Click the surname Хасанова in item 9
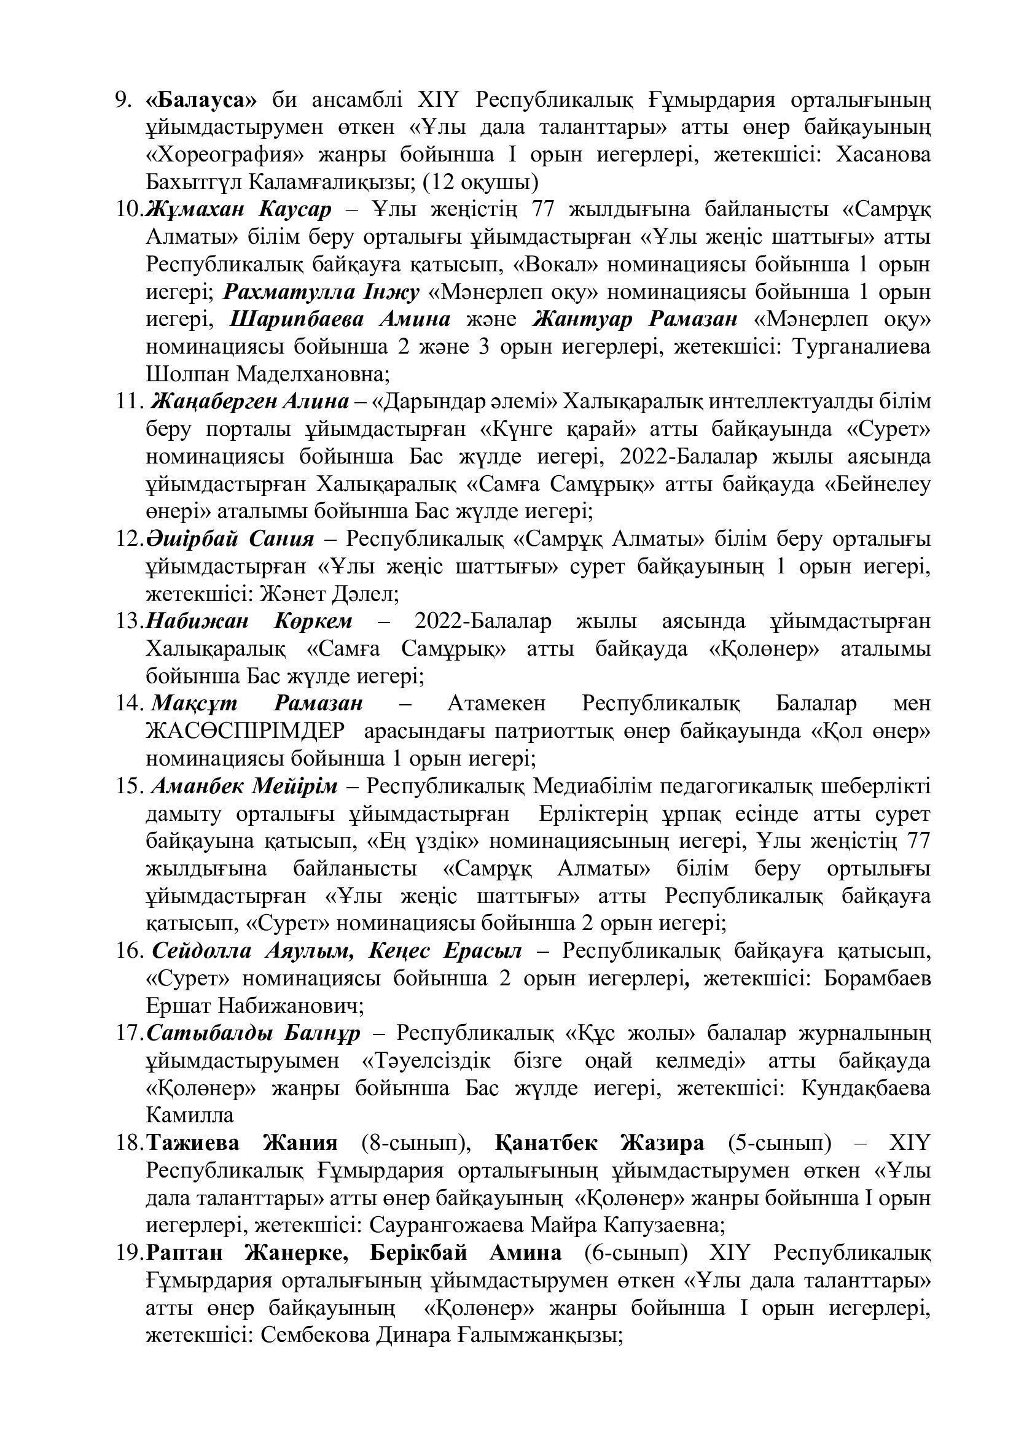[x=883, y=155]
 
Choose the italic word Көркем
[x=313, y=621]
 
